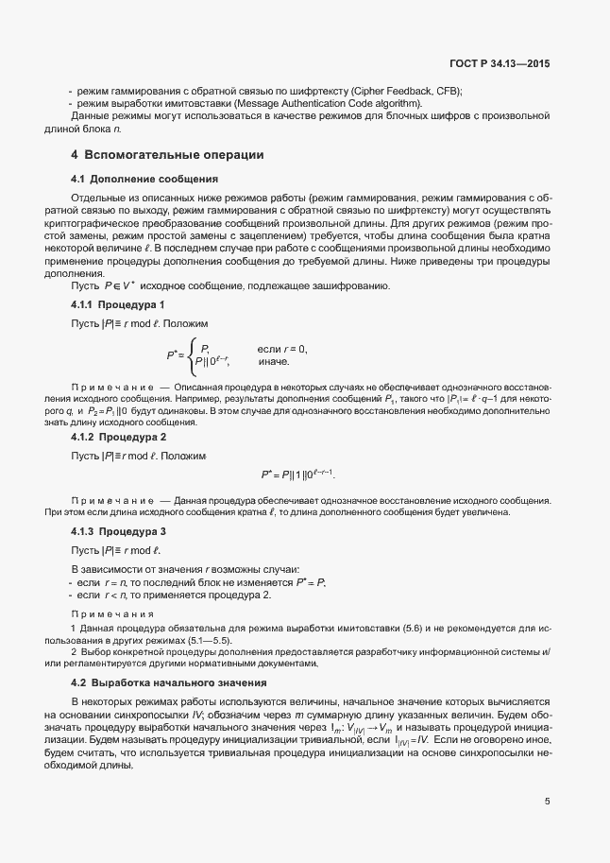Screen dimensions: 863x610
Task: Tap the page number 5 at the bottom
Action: [x=548, y=802]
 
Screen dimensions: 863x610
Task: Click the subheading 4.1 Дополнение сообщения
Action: [x=144, y=179]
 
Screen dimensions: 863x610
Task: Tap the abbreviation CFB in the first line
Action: [x=447, y=90]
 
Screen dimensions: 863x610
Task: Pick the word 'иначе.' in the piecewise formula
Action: [x=274, y=362]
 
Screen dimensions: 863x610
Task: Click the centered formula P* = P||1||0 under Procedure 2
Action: [x=297, y=475]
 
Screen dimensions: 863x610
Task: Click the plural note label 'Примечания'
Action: [x=113, y=614]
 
